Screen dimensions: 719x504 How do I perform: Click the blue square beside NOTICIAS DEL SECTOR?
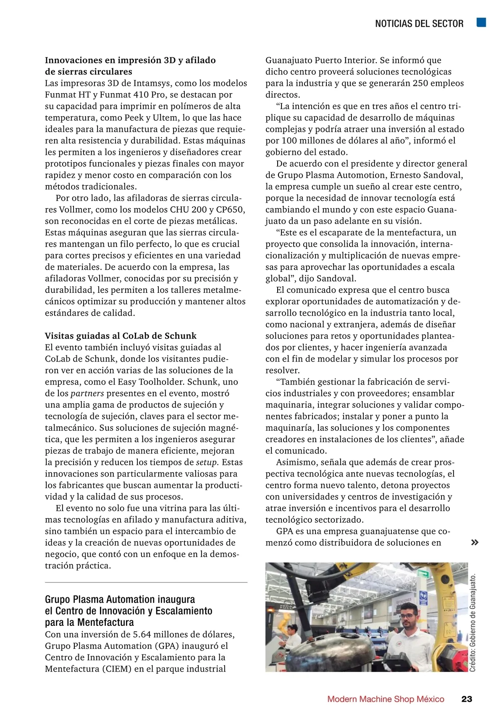click(481, 23)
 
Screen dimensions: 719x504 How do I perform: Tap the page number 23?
click(467, 699)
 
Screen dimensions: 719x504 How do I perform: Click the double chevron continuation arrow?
click(475, 542)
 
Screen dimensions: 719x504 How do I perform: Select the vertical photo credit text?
click(473, 623)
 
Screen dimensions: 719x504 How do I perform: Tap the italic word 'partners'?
click(87, 393)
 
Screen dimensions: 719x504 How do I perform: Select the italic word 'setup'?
click(207, 462)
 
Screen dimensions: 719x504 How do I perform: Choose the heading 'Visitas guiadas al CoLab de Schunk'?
click(121, 336)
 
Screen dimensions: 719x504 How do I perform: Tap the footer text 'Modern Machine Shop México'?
click(386, 699)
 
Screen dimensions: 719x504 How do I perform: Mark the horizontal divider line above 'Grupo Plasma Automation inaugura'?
click(146, 583)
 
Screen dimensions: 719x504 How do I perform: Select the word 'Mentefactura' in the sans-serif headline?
click(105, 622)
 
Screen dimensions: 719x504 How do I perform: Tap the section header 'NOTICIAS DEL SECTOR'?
click(419, 23)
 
